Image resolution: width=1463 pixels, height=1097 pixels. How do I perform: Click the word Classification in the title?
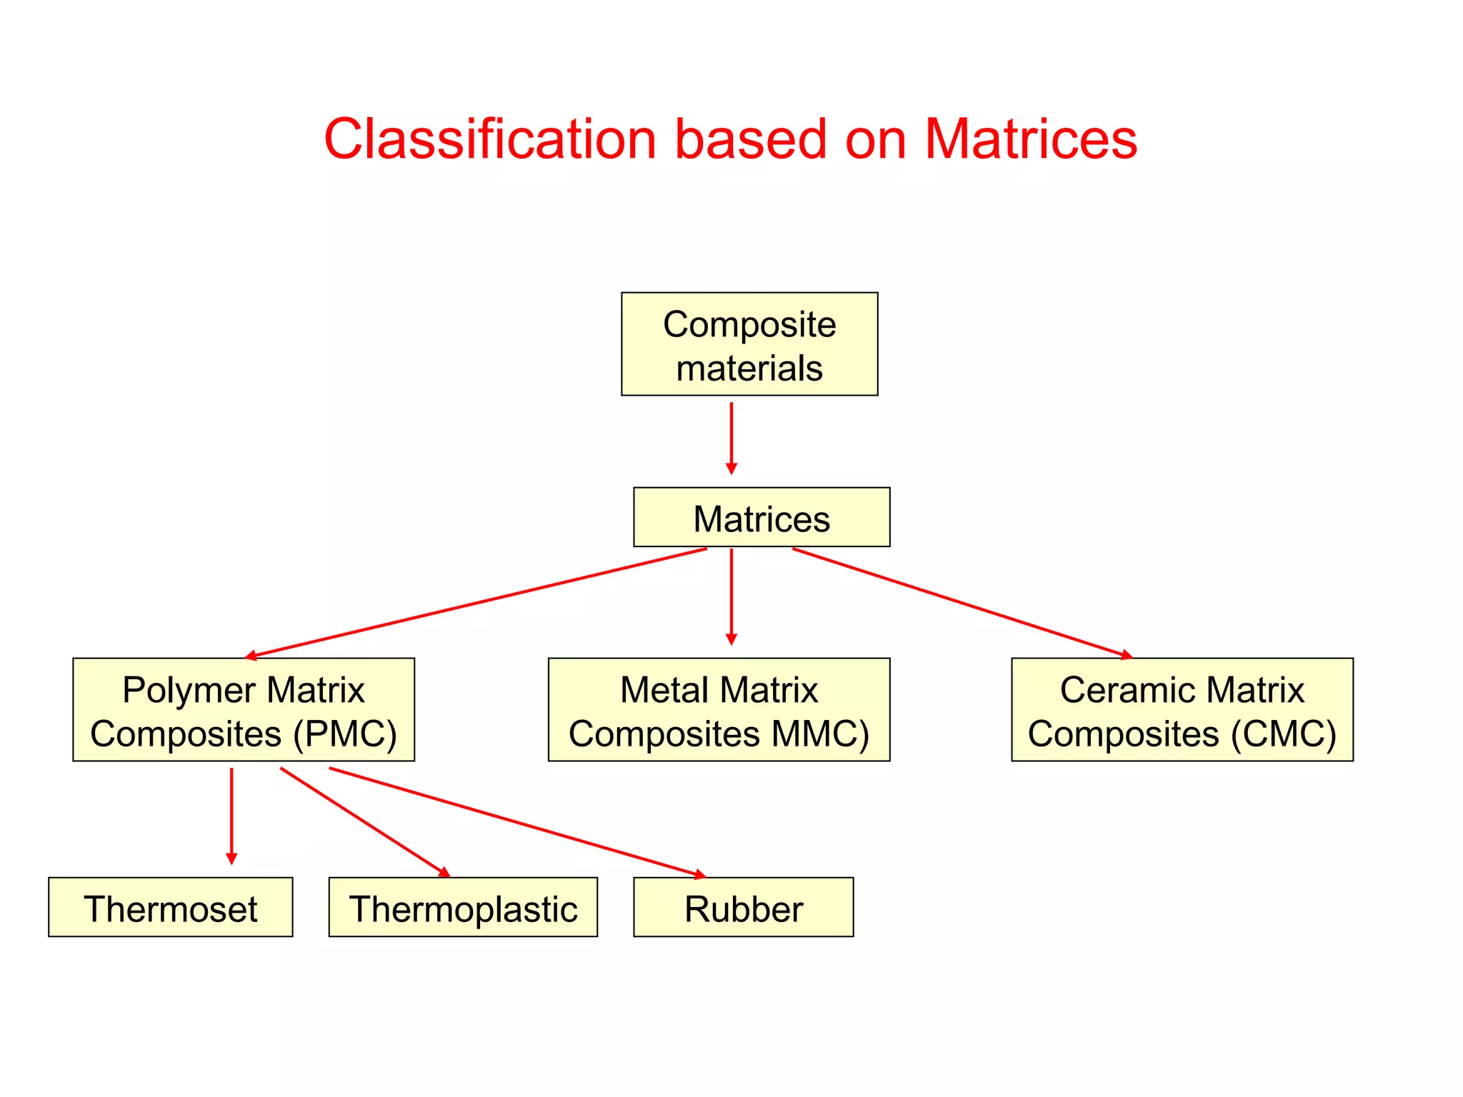click(489, 139)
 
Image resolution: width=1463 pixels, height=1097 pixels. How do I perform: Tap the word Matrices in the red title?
click(1030, 139)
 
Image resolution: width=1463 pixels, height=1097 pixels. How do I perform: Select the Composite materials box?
click(749, 344)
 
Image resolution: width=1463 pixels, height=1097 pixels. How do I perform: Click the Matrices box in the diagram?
click(762, 518)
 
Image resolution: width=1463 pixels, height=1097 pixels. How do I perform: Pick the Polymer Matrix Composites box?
click(244, 710)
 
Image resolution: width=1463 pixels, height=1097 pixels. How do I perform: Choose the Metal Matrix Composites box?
click(719, 710)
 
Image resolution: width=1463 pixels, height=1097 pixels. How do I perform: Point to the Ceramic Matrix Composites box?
click(1182, 710)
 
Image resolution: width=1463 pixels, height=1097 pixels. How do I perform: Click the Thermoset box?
click(171, 907)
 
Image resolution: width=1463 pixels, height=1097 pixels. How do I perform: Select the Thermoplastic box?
click(463, 907)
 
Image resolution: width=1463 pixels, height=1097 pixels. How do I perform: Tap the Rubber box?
click(743, 907)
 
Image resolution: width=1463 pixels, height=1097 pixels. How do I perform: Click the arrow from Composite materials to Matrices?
click(731, 438)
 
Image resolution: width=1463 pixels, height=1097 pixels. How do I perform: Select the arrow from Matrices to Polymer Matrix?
click(476, 602)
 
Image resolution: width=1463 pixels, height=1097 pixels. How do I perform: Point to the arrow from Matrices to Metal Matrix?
click(731, 596)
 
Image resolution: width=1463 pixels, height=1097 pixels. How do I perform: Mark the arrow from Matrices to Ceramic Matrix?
click(962, 602)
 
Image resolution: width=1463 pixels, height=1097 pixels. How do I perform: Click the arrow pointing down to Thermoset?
click(231, 816)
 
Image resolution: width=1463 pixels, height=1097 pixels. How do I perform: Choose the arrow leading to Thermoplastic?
click(365, 822)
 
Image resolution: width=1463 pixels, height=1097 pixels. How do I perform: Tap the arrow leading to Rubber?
click(517, 822)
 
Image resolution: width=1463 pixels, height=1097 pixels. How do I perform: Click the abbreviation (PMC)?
click(345, 734)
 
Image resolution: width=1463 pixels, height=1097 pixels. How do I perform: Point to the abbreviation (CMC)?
click(1283, 734)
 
